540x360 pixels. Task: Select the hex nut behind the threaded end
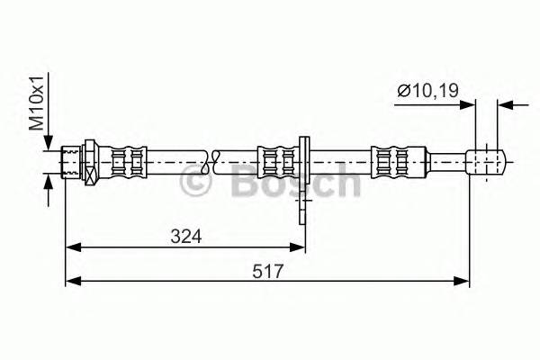coord(89,163)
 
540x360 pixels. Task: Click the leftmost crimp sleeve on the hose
coord(126,163)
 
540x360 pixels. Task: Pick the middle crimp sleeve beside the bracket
coord(277,163)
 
